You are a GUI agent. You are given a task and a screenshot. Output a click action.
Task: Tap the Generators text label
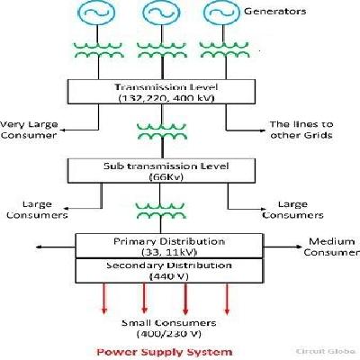tap(275, 12)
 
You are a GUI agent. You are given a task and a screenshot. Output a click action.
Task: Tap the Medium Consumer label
tap(330, 247)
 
